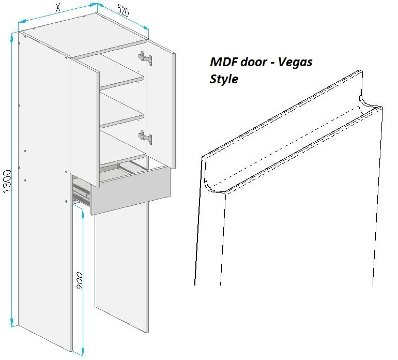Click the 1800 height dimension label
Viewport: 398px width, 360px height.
[x=7, y=181]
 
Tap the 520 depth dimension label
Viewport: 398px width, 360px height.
[x=124, y=11]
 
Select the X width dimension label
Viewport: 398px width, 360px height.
[x=58, y=7]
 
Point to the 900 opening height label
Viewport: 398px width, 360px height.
[x=79, y=281]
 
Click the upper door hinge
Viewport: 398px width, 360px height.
[x=145, y=58]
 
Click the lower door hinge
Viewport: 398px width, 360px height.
[x=145, y=138]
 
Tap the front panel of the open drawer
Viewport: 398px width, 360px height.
[x=130, y=190]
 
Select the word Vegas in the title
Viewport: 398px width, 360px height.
[x=295, y=63]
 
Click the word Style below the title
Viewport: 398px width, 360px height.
[x=224, y=79]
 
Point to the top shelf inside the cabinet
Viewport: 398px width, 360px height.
[x=122, y=82]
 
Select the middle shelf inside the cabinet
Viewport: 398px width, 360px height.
[x=122, y=121]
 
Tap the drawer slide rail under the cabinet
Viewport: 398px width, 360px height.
[x=81, y=192]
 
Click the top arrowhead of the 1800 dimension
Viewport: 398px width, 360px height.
[x=12, y=37]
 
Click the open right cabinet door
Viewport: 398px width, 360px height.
[x=160, y=104]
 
